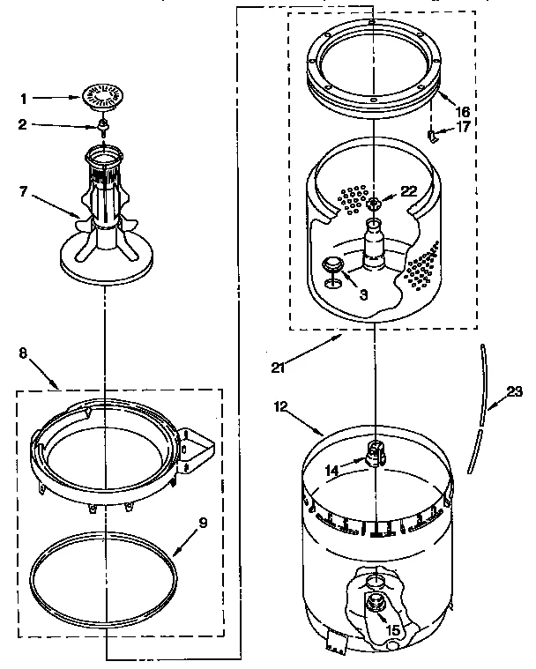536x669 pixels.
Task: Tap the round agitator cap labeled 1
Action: click(103, 98)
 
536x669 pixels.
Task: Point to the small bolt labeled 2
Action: click(103, 127)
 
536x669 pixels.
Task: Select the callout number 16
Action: click(463, 112)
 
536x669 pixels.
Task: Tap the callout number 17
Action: click(464, 127)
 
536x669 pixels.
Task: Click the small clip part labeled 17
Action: click(433, 134)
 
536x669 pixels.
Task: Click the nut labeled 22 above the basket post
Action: click(375, 204)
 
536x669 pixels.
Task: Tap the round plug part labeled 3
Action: click(334, 264)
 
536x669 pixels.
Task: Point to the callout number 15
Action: click(393, 630)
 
